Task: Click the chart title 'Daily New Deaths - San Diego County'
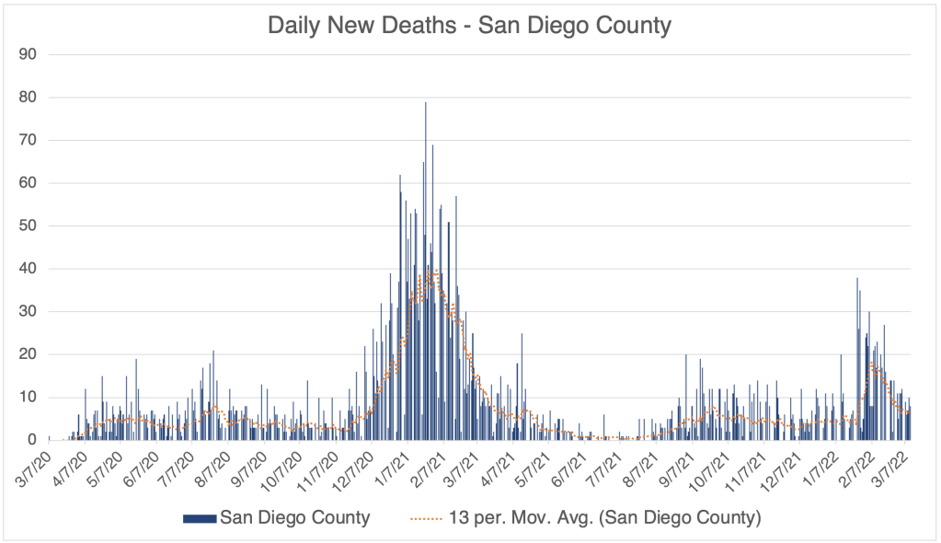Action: tap(469, 25)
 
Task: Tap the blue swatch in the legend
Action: tap(200, 518)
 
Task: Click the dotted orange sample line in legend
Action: tap(421, 518)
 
